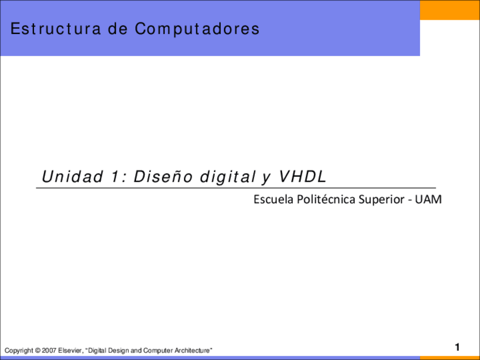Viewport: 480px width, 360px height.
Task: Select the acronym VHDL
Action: (x=302, y=177)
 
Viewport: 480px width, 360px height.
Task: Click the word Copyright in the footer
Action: (x=18, y=352)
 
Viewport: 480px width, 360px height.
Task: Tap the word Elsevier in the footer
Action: (x=71, y=352)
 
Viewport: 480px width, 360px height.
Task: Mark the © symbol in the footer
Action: (x=37, y=352)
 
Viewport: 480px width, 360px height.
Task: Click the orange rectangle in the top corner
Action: (x=449, y=10)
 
